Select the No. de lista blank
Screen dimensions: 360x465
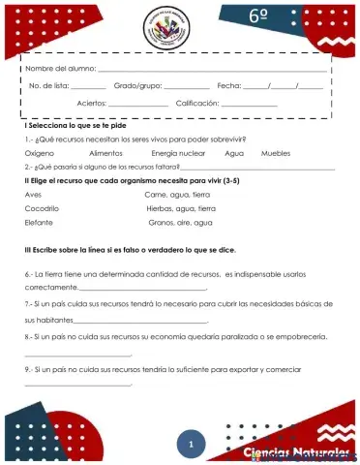pos(88,88)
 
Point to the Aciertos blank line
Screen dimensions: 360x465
pos(138,105)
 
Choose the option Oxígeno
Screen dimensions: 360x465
pos(40,153)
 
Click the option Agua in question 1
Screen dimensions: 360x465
pos(234,153)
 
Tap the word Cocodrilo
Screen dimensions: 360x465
pos(42,208)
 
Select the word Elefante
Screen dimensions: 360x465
pos(39,222)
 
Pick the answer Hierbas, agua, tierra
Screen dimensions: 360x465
pos(181,208)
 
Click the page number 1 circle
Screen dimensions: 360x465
pos(192,444)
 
